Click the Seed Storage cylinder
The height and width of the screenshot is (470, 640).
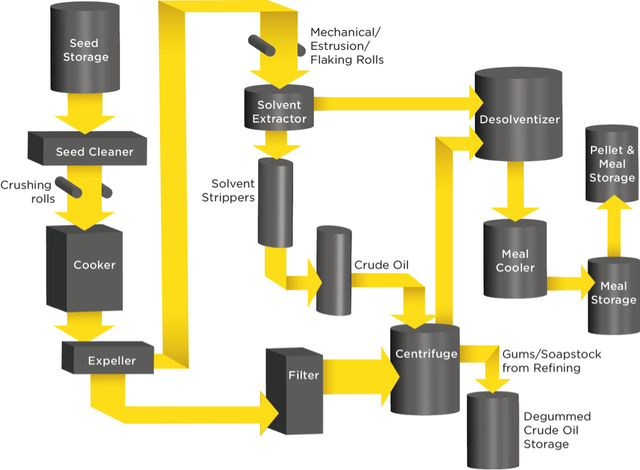[85, 48]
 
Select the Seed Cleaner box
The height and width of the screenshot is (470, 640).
[88, 148]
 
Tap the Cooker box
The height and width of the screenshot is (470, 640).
[84, 268]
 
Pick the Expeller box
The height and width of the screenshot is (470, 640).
[107, 358]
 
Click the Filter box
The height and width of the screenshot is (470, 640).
[294, 391]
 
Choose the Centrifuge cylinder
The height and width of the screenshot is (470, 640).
[425, 370]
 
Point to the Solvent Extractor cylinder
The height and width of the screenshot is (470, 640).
[279, 107]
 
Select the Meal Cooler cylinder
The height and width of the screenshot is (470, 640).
[515, 259]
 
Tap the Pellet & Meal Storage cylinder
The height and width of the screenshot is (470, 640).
[612, 164]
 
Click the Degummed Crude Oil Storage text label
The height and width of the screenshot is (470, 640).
[557, 430]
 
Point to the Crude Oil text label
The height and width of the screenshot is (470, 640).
[381, 265]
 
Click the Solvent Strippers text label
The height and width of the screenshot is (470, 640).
[228, 190]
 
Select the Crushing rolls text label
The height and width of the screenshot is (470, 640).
[28, 192]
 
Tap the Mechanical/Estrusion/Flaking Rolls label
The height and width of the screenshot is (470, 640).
[347, 46]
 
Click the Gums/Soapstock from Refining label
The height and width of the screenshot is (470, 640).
[551, 361]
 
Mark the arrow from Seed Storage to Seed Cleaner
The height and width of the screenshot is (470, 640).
[85, 113]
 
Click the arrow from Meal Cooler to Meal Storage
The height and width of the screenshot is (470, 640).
[571, 283]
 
